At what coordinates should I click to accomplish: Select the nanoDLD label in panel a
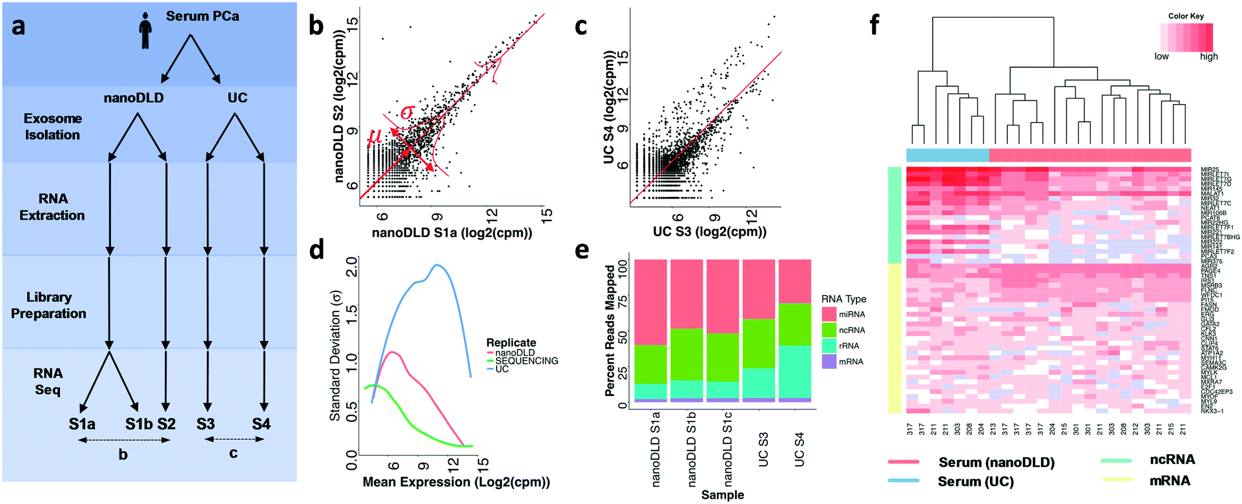(x=134, y=98)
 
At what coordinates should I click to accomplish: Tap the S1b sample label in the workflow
(x=139, y=425)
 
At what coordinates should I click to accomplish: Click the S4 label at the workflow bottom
(x=261, y=425)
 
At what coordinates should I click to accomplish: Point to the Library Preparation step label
(x=48, y=305)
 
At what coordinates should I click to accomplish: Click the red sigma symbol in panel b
(x=406, y=112)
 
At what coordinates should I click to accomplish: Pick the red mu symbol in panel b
(x=374, y=137)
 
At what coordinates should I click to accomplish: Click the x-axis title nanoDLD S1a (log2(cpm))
(x=452, y=233)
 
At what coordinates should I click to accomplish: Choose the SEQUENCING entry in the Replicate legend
(x=526, y=361)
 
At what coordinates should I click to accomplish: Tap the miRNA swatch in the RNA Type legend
(x=829, y=315)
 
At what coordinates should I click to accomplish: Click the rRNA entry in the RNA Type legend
(x=849, y=346)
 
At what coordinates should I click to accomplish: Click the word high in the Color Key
(x=1208, y=57)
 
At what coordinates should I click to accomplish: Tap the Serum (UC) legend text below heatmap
(x=975, y=482)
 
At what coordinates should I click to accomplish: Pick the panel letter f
(x=875, y=26)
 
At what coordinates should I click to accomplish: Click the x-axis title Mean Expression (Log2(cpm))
(x=456, y=482)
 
